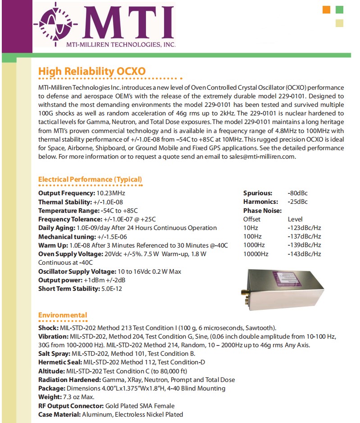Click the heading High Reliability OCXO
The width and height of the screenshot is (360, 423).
(92, 71)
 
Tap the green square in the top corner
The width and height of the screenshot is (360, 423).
(340, 9)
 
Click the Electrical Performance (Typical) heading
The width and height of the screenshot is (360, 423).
(90, 179)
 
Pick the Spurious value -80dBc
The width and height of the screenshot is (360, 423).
(297, 193)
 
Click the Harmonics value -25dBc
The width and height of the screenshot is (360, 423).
(297, 202)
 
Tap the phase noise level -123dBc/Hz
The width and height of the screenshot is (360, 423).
(304, 228)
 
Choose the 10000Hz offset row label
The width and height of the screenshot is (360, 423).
(255, 254)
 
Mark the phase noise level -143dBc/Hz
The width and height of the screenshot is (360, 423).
(304, 254)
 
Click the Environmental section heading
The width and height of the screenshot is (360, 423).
(63, 315)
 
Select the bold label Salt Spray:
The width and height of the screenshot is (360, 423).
(54, 354)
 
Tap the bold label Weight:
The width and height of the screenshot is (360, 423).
(49, 397)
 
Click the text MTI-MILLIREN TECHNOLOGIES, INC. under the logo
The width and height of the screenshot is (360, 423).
(121, 44)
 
